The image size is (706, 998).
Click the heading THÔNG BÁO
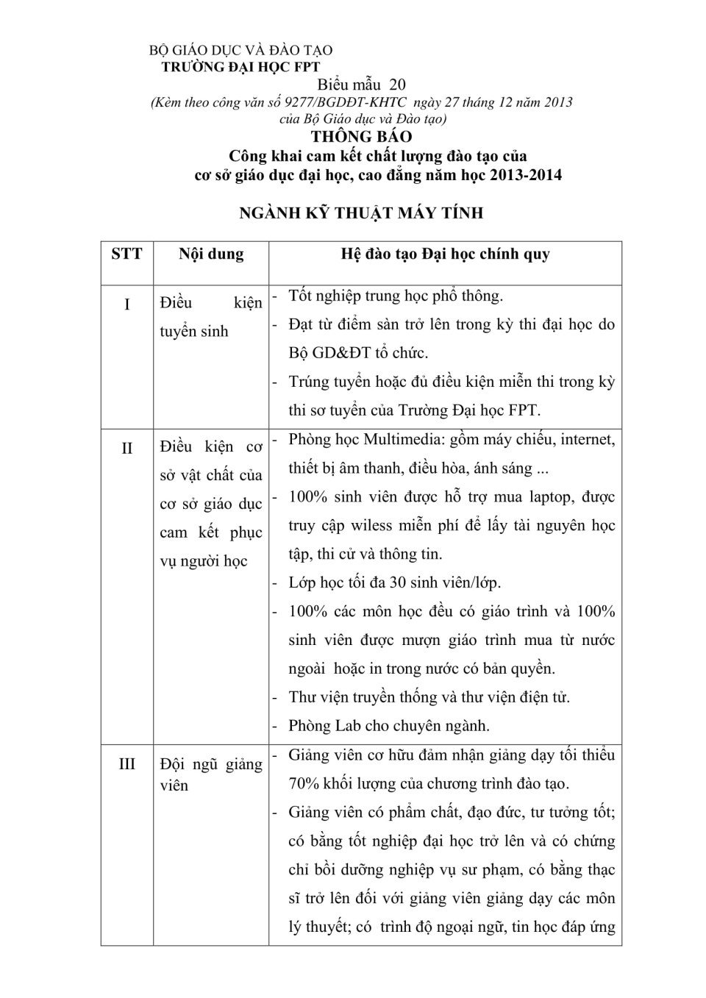tap(361, 137)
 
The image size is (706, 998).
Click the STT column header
tap(126, 254)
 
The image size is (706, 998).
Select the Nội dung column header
tap(211, 254)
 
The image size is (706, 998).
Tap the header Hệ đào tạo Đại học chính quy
tap(445, 254)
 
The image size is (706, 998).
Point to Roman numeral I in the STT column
tap(126, 304)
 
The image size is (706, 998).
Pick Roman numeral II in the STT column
tap(126, 448)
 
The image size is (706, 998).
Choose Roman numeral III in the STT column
tap(126, 764)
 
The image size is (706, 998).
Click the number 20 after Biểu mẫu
tap(397, 85)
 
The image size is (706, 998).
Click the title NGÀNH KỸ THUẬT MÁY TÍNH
tap(361, 213)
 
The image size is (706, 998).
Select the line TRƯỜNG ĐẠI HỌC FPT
tap(240, 67)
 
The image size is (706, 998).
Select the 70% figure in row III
tap(303, 784)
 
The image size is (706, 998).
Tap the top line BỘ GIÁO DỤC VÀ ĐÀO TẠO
tap(240, 51)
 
